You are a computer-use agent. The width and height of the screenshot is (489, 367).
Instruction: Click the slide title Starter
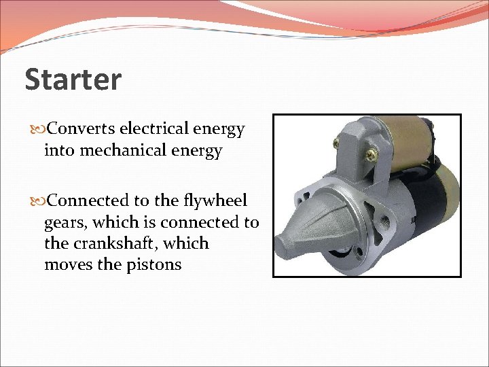(x=73, y=80)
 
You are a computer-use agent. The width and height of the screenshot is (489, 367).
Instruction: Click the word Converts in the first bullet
(x=83, y=128)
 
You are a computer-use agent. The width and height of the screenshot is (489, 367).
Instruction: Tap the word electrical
(x=156, y=128)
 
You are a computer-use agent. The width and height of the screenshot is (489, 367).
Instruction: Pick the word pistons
(x=154, y=264)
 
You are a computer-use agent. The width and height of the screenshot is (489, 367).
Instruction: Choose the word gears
(x=65, y=222)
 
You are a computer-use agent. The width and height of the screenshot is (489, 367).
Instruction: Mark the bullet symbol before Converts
(x=37, y=129)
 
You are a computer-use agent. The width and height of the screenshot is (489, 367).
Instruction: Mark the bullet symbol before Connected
(x=37, y=201)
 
